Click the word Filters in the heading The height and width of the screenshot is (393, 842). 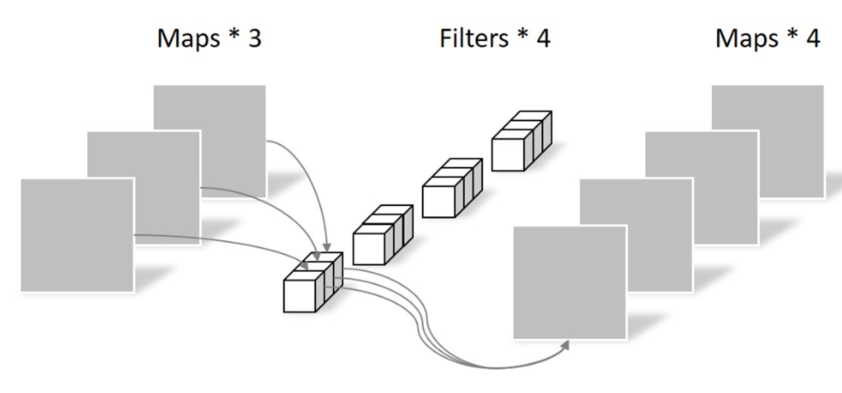click(x=474, y=39)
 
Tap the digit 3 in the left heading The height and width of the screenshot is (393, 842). click(x=255, y=39)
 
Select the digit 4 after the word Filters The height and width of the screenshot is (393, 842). click(x=543, y=39)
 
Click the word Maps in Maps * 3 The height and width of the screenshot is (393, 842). click(x=188, y=39)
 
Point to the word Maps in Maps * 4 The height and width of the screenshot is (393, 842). click(x=746, y=39)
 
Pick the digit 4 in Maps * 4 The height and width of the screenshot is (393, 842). click(x=813, y=39)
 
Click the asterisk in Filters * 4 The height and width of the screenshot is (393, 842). click(x=522, y=34)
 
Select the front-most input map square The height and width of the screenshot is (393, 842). click(x=77, y=235)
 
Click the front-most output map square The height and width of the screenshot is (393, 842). click(x=570, y=282)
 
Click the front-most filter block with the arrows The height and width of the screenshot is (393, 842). click(x=313, y=282)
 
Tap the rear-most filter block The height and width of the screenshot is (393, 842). click(x=522, y=141)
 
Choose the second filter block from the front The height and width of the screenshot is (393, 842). click(x=382, y=235)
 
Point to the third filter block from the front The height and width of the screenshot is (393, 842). click(x=452, y=188)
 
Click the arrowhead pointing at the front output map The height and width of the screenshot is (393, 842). click(x=565, y=345)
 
